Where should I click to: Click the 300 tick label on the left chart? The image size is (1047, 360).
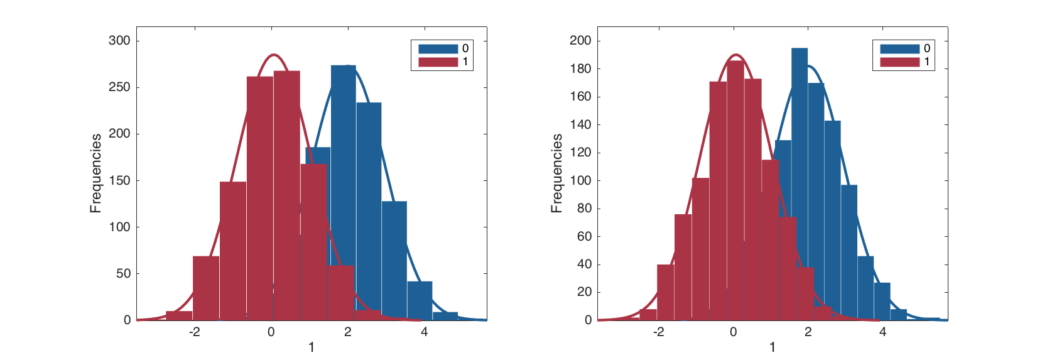(x=119, y=41)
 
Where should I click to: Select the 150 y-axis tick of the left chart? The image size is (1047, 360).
(x=119, y=181)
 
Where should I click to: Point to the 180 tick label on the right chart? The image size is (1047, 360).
(x=580, y=69)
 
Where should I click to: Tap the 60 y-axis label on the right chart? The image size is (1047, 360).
(x=584, y=237)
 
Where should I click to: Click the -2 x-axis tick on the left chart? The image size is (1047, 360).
(x=195, y=332)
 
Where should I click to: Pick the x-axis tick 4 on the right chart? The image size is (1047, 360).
(x=882, y=332)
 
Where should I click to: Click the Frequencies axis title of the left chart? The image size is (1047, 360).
(x=95, y=173)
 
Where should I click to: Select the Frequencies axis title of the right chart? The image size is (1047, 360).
(x=556, y=173)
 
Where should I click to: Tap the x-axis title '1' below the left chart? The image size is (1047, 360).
(x=311, y=347)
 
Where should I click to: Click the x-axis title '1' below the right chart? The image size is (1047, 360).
(x=772, y=347)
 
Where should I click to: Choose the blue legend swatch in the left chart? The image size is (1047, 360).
(x=438, y=48)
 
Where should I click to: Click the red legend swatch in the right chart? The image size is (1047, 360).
(x=899, y=62)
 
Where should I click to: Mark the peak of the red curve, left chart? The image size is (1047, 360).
(x=273, y=55)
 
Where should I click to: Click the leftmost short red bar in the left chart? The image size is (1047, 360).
(x=179, y=315)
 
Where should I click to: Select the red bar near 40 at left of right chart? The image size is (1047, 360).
(x=665, y=292)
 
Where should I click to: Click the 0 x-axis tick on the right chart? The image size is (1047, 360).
(x=733, y=332)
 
